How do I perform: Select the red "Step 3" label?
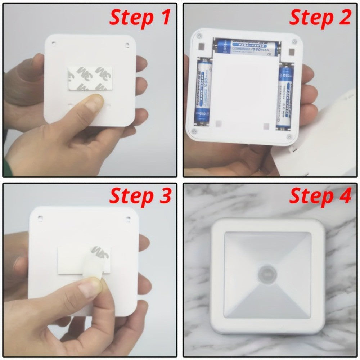click(x=140, y=196)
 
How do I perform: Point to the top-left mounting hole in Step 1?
click(x=54, y=44)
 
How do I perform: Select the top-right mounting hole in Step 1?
click(x=127, y=45)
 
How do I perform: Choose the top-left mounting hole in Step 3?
click(x=40, y=218)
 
